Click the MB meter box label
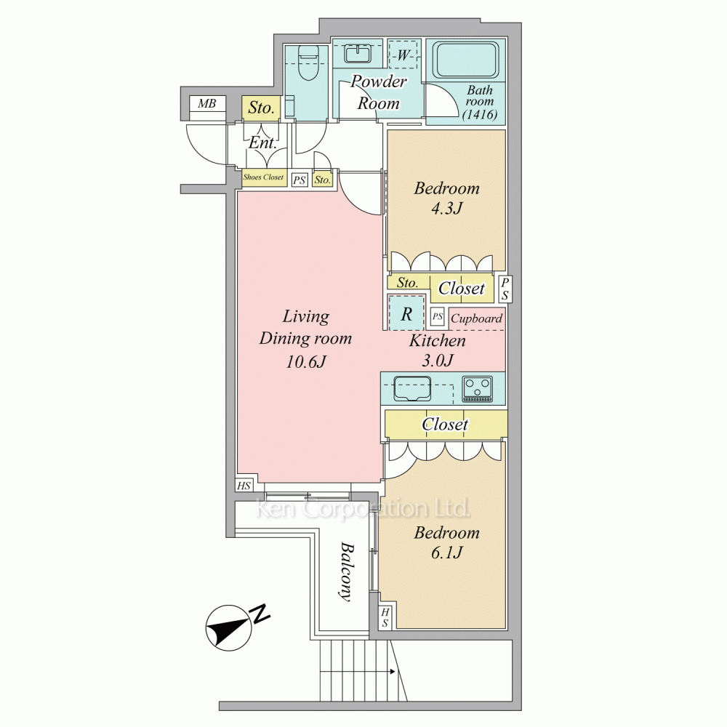coord(207,103)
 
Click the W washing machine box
coord(403,55)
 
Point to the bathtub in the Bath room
coord(467,61)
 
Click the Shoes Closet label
coord(263,177)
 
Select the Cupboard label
coord(477,318)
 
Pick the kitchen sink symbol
coord(412,388)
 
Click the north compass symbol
coord(230,627)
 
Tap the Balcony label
coord(347,571)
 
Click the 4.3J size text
coord(446,209)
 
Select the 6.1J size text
coord(446,553)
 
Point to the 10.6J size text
coord(305,361)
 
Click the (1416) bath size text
coord(479,114)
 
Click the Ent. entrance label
coord(262,142)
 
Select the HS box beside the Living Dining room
coord(244,486)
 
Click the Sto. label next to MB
coord(261,108)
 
